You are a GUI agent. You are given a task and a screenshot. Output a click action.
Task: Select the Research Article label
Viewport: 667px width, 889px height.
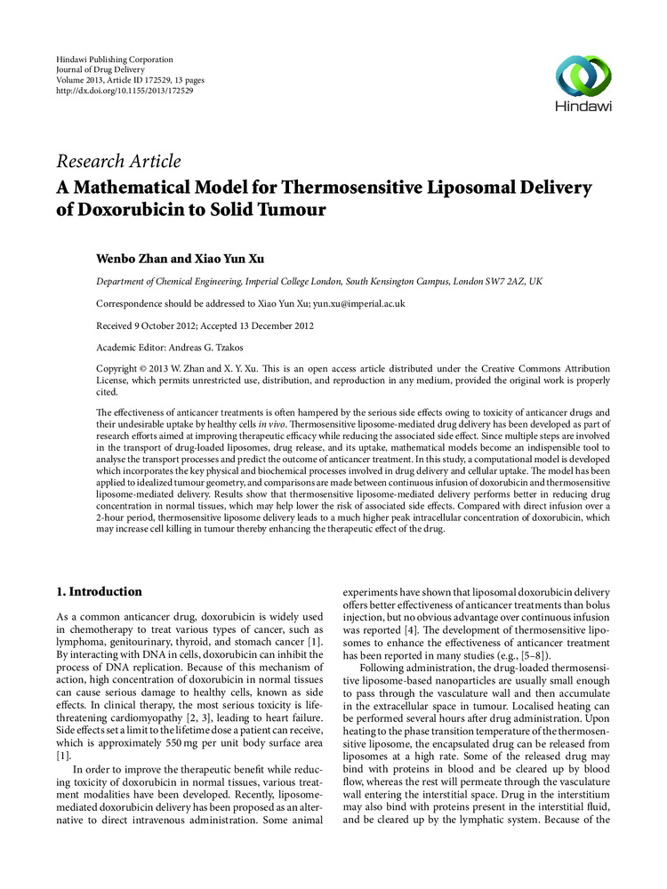tap(118, 161)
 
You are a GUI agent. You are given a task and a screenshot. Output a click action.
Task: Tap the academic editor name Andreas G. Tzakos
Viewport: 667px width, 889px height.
tap(209, 346)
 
